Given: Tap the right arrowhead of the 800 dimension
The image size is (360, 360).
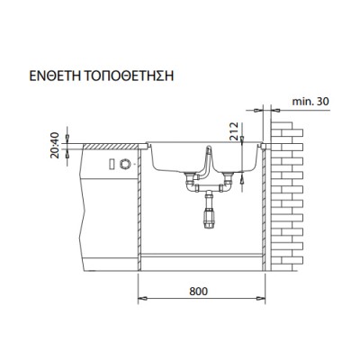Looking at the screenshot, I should click(266, 298).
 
